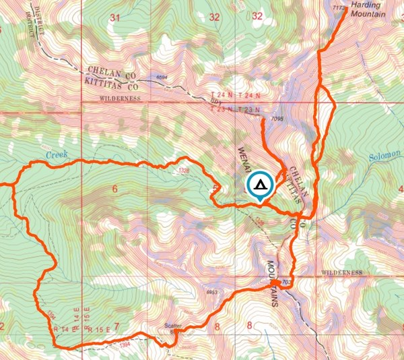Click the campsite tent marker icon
(261, 186)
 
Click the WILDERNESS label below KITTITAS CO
(120, 98)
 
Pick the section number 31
(114, 17)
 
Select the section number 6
(114, 189)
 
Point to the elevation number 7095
(275, 119)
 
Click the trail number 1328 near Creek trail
(184, 171)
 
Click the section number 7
(116, 327)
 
